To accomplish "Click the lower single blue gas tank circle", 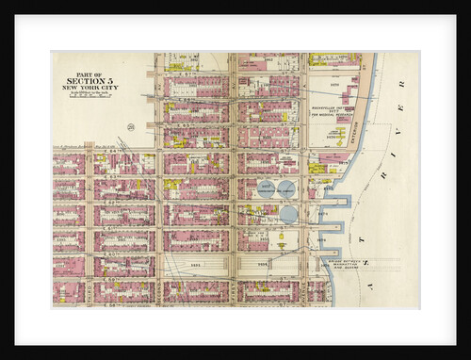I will (288, 214).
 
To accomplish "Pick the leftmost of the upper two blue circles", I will (266, 188).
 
